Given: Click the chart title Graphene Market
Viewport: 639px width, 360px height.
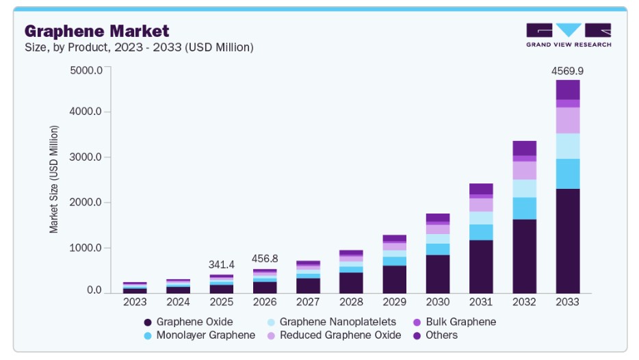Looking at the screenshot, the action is pyautogui.click(x=96, y=31).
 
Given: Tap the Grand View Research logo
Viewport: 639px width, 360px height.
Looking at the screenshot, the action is pyautogui.click(x=569, y=35).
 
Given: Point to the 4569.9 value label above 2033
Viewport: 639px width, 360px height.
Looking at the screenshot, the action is pyautogui.click(x=567, y=71).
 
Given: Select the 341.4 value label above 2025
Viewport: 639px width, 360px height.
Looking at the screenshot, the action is pyautogui.click(x=221, y=265).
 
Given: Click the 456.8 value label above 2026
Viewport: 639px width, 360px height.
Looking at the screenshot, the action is pyautogui.click(x=265, y=259).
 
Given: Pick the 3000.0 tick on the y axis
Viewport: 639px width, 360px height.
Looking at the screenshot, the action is pyautogui.click(x=86, y=157).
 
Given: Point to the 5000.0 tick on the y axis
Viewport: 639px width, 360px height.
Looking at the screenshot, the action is pyautogui.click(x=86, y=70).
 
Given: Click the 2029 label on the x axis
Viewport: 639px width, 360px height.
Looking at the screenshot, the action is pyautogui.click(x=394, y=302).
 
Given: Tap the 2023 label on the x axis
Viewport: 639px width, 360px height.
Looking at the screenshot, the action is pyautogui.click(x=135, y=302).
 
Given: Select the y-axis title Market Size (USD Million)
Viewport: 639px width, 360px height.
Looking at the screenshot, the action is pyautogui.click(x=54, y=179).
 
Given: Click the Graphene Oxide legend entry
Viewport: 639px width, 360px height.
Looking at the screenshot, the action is pyautogui.click(x=188, y=322).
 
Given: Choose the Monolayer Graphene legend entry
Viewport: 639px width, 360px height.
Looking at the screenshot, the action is pyautogui.click(x=200, y=335).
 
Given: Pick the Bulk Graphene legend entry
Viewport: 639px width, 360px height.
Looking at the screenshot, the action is pyautogui.click(x=455, y=322).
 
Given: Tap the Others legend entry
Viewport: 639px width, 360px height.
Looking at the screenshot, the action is pyautogui.click(x=435, y=335).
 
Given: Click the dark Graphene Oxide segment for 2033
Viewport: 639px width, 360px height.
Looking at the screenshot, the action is pyautogui.click(x=568, y=241).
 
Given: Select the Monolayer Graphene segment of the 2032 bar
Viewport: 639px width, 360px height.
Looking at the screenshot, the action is pyautogui.click(x=525, y=208).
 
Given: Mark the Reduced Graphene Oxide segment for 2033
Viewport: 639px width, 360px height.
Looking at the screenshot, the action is pyautogui.click(x=568, y=120).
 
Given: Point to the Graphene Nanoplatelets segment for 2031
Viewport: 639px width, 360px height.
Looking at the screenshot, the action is pyautogui.click(x=481, y=218).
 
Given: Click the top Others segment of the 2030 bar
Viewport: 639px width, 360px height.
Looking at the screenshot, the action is pyautogui.click(x=438, y=218).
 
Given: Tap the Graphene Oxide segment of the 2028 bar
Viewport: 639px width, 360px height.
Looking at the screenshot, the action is pyautogui.click(x=351, y=283).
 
